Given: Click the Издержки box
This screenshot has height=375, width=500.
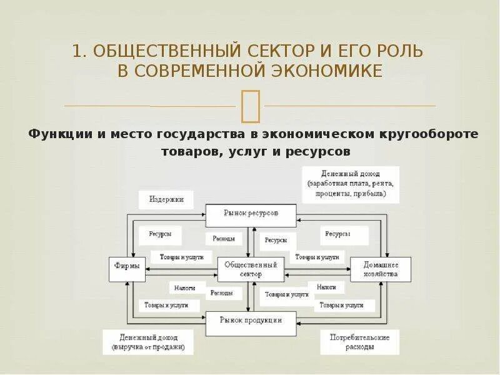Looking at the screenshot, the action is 166,200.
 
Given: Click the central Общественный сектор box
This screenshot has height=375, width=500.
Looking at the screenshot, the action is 251,269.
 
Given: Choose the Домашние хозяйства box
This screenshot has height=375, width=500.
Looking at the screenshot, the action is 381,269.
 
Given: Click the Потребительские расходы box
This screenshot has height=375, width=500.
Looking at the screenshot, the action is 359,342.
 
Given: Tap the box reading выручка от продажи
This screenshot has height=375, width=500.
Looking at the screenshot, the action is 147,342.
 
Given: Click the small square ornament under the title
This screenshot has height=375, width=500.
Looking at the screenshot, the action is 250,105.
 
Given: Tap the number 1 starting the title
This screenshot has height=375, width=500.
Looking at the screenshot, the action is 77,51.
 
